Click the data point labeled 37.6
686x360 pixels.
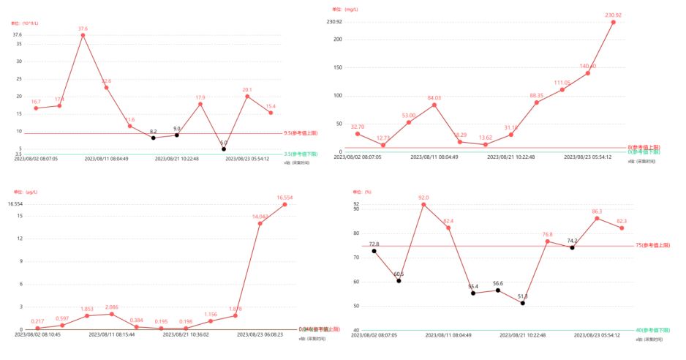tap(83, 35)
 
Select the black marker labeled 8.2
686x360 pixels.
tap(153, 138)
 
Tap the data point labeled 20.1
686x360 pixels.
tap(247, 97)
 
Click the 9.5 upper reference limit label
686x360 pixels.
tap(300, 133)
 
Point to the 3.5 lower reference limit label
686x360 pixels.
tap(300, 154)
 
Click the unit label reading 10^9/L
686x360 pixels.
tap(25, 23)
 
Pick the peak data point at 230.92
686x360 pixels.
tap(613, 22)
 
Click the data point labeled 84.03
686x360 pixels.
tap(434, 105)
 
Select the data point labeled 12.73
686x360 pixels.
tap(382, 145)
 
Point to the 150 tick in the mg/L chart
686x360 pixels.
tap(338, 67)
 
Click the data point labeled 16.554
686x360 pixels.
tap(284, 204)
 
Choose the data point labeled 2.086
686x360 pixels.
tap(111, 314)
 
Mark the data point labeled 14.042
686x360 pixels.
tap(260, 223)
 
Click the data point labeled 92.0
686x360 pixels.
tap(423, 204)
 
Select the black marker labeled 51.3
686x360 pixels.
tap(523, 303)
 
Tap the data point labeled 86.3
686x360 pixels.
tap(597, 218)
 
